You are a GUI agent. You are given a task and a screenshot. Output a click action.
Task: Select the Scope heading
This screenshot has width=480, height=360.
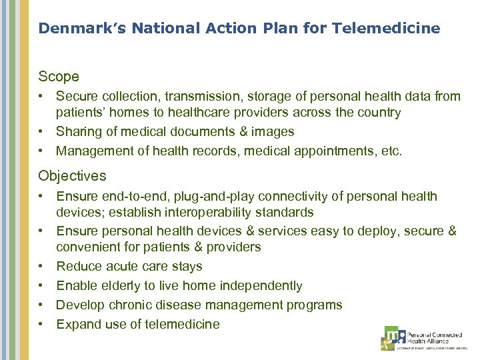pyautogui.click(x=59, y=77)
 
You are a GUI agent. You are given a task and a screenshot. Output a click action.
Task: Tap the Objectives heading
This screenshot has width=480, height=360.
pyautogui.click(x=72, y=176)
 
